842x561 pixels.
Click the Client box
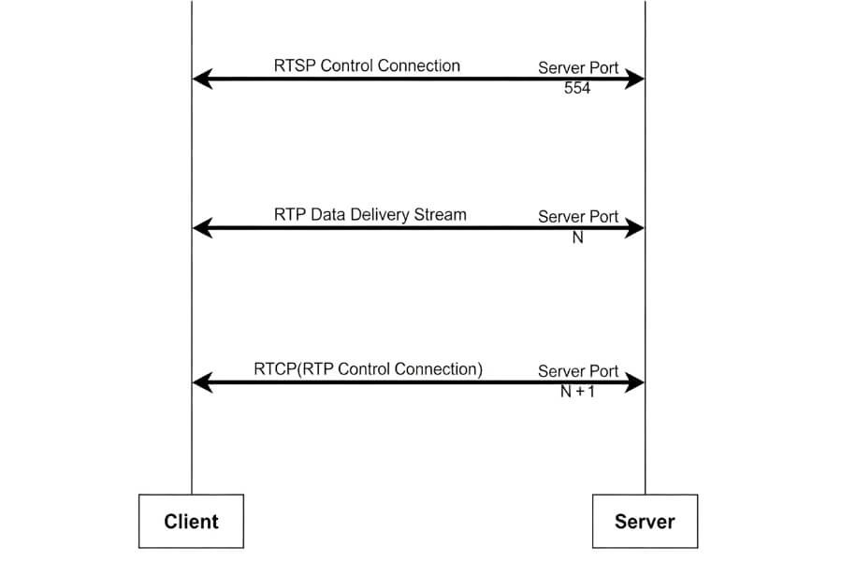[x=191, y=521]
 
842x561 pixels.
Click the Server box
[x=645, y=521]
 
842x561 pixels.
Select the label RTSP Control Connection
[x=367, y=65]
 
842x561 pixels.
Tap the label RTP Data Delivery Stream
[x=370, y=214]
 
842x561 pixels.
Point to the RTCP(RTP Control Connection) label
[x=368, y=368]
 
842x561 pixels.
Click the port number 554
[x=577, y=89]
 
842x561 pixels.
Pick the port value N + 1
[x=577, y=392]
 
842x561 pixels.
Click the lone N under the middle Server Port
[x=577, y=237]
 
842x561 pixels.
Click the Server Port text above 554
[x=578, y=68]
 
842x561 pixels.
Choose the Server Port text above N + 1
[x=578, y=371]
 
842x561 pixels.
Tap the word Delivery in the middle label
[x=382, y=214]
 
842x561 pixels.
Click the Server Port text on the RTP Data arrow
[x=578, y=217]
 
